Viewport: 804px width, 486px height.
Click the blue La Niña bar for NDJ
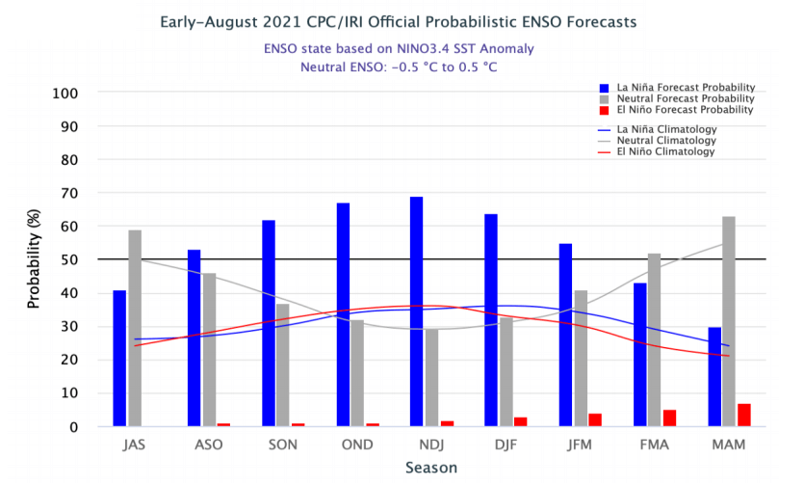pos(417,311)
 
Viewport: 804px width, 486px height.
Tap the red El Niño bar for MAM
pos(744,415)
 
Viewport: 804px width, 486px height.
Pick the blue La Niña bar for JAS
pos(119,358)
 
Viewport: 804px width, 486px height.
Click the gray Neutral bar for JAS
pos(135,328)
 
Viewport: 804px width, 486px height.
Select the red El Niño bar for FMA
pos(670,418)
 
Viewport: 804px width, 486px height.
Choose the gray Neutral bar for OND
pos(357,373)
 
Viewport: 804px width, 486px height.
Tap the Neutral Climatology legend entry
pos(664,140)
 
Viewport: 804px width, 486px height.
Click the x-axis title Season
pos(431,468)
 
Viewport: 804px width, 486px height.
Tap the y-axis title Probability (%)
pos(35,259)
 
